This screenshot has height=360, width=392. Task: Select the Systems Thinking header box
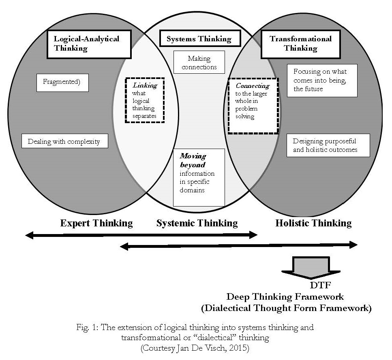[x=199, y=39]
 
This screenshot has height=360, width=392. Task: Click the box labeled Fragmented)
[x=62, y=82]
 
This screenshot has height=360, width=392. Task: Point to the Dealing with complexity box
[x=64, y=142]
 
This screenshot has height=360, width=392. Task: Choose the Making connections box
[x=199, y=62]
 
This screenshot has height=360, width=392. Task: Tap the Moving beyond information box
[x=199, y=177]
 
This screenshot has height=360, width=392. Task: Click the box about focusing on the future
[x=322, y=80]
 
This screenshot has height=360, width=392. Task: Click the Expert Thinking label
[x=96, y=223]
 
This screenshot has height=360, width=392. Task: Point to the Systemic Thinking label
[x=197, y=223]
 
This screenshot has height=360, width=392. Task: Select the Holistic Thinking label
[x=313, y=223]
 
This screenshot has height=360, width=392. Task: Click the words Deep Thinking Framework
[x=285, y=297]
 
